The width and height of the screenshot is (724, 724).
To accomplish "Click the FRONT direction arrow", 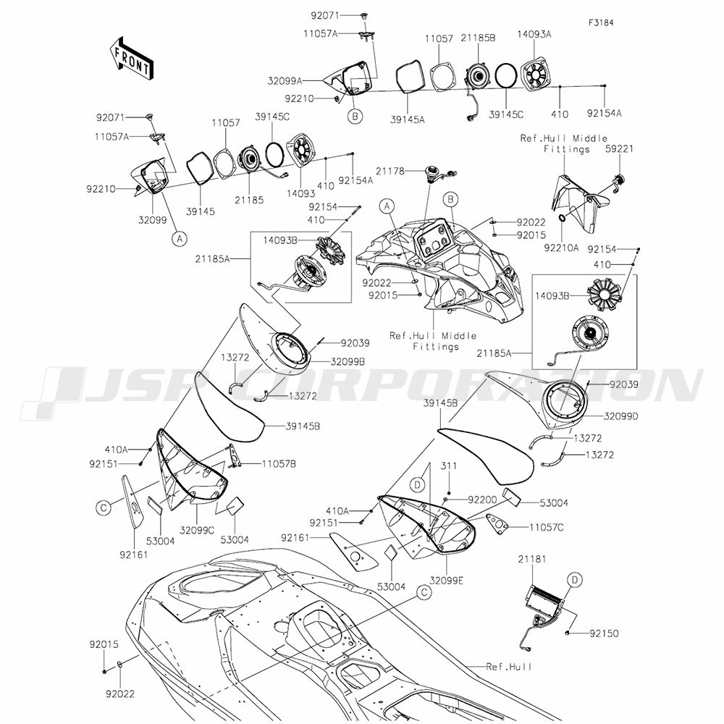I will pyautogui.click(x=130, y=59).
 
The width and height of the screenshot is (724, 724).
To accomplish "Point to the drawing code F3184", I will pyautogui.click(x=600, y=22).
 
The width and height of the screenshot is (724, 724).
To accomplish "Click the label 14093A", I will pyautogui.click(x=534, y=33).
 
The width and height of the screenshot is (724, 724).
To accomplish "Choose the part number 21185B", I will pyautogui.click(x=479, y=37).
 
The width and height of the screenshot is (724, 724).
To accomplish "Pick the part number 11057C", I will pyautogui.click(x=547, y=528).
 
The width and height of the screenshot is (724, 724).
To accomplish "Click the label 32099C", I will pyautogui.click(x=197, y=530).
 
